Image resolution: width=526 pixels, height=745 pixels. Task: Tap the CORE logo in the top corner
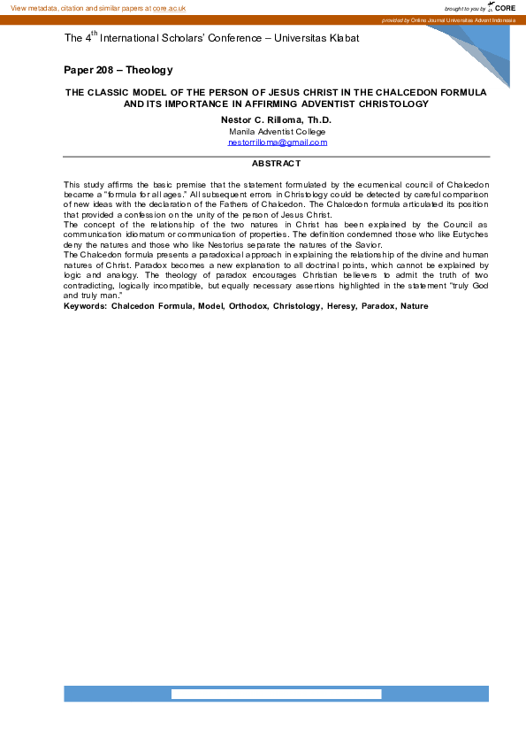click(x=503, y=7)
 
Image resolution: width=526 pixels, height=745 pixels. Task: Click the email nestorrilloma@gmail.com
click(x=277, y=142)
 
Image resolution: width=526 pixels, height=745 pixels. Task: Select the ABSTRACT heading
click(x=276, y=164)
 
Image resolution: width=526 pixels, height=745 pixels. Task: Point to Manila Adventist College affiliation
click(x=277, y=131)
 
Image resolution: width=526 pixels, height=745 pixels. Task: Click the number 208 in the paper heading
click(x=108, y=70)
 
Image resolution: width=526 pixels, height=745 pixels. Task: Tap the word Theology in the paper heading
click(x=149, y=70)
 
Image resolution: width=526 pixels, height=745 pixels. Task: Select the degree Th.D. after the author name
click(x=316, y=119)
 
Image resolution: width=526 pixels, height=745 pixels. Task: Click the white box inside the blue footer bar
click(x=275, y=694)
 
